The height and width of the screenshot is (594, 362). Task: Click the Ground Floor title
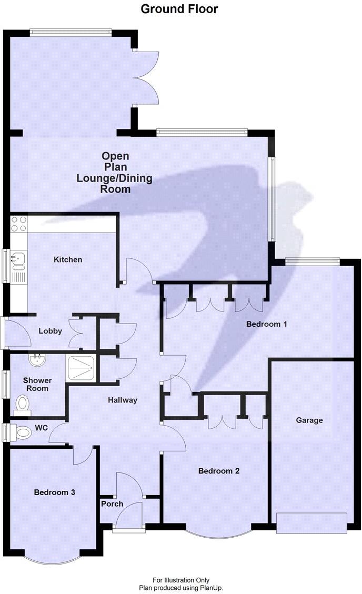tap(179, 9)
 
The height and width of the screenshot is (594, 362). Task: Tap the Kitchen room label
tap(68, 259)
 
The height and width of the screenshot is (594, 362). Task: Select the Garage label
tap(309, 420)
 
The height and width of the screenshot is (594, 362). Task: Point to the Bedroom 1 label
tap(266, 324)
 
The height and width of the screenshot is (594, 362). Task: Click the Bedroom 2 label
tap(218, 471)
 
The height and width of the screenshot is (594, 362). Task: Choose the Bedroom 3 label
tap(54, 492)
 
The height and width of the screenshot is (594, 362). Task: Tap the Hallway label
tap(123, 400)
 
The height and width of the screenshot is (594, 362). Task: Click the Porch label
tap(112, 504)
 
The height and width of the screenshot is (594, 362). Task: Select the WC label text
tap(41, 428)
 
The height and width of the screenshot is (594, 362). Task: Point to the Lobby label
tap(50, 331)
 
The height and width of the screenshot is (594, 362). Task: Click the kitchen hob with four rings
tap(19, 224)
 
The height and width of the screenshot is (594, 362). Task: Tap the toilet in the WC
tap(22, 432)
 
